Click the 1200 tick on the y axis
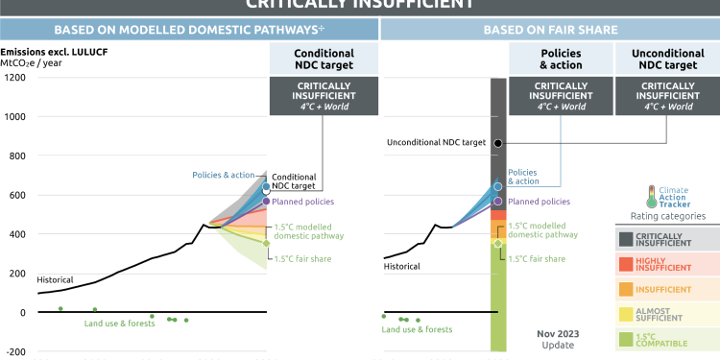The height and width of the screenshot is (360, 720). (16, 77)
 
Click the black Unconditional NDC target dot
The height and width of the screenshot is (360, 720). (497, 143)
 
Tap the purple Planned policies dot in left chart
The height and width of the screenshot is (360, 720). (266, 202)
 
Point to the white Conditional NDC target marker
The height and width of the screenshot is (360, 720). (266, 189)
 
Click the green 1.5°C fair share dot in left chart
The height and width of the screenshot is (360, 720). (266, 244)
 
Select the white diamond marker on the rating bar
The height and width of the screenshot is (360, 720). (497, 244)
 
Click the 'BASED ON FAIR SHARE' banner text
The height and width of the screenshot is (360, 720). (549, 29)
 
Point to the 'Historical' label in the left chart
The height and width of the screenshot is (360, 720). (55, 279)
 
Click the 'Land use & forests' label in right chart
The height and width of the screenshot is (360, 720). (417, 329)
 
